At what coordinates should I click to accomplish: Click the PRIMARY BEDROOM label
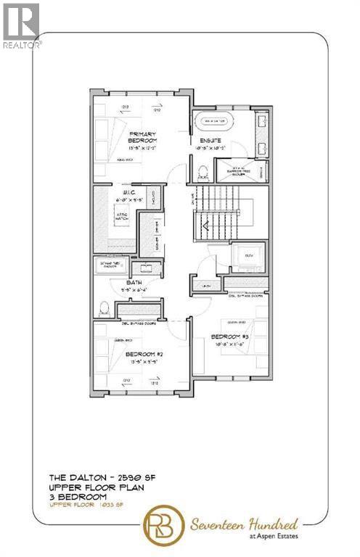coord(144,138)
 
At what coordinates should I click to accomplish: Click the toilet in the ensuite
coord(205,172)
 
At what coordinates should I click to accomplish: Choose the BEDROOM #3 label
coord(230,337)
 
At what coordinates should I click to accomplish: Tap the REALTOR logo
coord(21,25)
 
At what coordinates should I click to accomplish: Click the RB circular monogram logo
coord(165,524)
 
